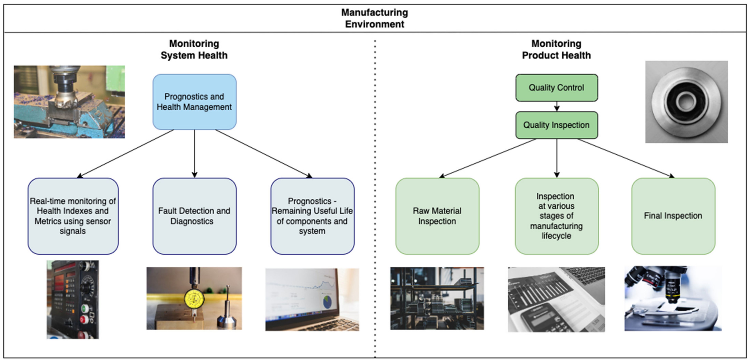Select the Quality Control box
(556, 88)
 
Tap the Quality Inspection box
(556, 125)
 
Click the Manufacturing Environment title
(374, 18)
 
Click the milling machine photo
(69, 102)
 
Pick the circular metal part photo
(686, 102)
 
